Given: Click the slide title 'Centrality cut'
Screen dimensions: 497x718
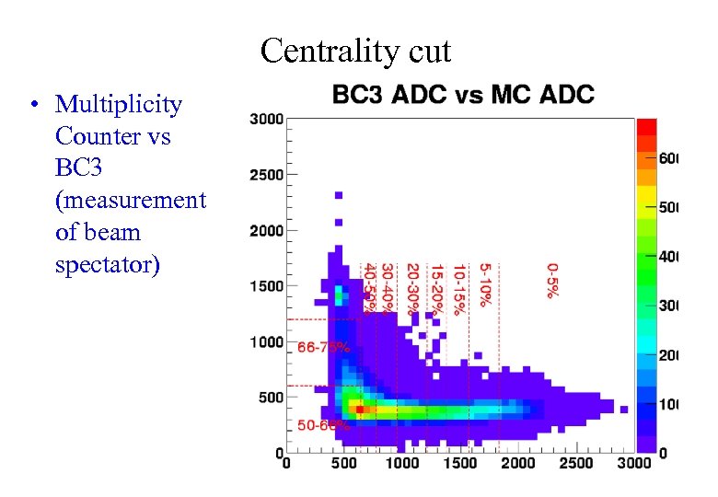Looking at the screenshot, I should tap(355, 51).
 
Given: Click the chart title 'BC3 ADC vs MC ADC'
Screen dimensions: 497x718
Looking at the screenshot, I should tap(463, 95).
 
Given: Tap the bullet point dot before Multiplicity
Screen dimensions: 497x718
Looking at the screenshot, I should tap(33, 105).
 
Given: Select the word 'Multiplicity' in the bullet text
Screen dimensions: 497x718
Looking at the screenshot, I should tap(119, 105).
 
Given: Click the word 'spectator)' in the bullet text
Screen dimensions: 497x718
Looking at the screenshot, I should tap(108, 265).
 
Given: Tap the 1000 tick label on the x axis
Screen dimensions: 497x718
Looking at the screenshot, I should tap(401, 463).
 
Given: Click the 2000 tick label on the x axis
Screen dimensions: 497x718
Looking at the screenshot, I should tap(518, 463).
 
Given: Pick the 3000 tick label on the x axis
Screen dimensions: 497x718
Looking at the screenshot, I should tap(633, 463).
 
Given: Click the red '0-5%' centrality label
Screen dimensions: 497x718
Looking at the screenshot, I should tap(552, 279).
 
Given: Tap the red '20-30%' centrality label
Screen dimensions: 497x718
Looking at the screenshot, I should tap(413, 286).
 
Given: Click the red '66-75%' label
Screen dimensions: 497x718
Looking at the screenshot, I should tap(323, 348).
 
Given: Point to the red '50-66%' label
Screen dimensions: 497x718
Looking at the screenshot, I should tap(323, 425).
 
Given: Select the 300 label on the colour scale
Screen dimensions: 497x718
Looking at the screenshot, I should tap(669, 305).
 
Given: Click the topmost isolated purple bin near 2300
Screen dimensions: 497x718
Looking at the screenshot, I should tap(339, 195).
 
